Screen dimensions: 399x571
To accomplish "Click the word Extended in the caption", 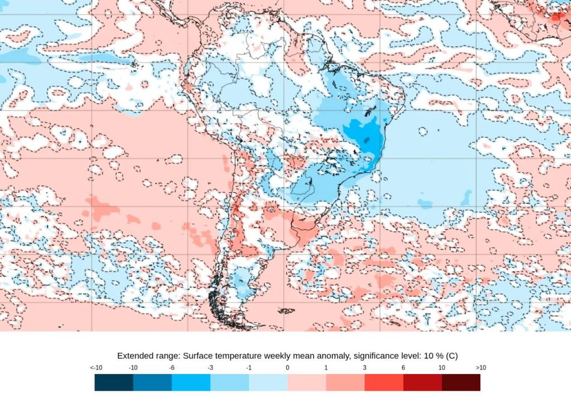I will (x=134, y=356).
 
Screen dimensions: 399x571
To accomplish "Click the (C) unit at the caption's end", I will (x=452, y=356).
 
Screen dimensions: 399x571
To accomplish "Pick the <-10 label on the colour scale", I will (x=95, y=368).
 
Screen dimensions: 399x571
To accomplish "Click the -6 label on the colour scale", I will (x=172, y=368).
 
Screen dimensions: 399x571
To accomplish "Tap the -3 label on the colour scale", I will (x=210, y=368).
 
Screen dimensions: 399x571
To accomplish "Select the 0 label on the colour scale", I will (x=287, y=368).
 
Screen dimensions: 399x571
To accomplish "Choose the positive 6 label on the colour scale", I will (x=403, y=368).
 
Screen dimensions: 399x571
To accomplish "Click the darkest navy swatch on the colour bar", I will (x=114, y=382).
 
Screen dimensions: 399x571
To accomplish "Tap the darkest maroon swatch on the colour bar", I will (x=461, y=382).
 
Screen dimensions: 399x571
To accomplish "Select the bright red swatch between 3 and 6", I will (x=384, y=382).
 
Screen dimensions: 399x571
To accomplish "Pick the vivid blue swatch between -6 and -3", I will (x=191, y=382).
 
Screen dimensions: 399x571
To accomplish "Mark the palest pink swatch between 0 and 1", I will (x=306, y=382).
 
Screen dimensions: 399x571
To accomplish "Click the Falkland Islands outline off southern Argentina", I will (x=286, y=310).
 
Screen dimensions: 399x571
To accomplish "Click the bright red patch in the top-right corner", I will (x=555, y=17).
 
